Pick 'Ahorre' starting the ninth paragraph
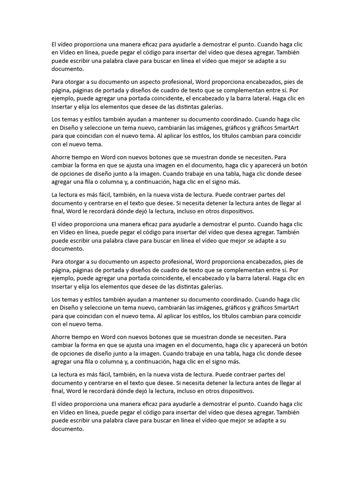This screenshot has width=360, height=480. click(x=61, y=337)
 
